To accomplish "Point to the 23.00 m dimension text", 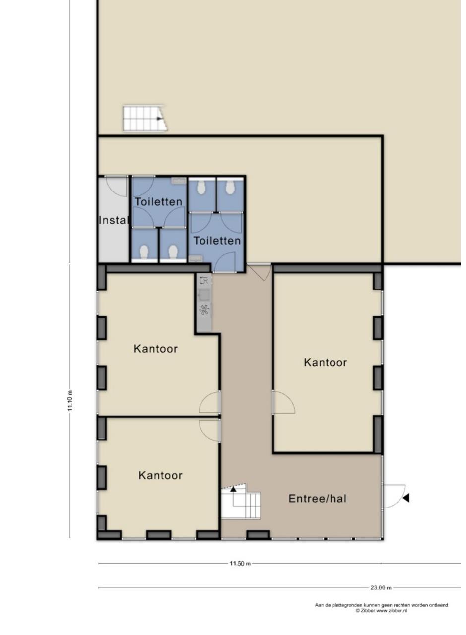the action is (381, 588).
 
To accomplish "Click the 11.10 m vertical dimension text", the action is (70, 400).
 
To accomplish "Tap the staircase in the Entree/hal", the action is (241, 501).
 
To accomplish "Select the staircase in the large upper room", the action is (145, 118).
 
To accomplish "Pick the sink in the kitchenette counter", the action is (204, 295).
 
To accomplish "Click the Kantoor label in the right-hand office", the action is (326, 362).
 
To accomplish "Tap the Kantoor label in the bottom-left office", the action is (160, 475).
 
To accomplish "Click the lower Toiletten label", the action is (217, 241).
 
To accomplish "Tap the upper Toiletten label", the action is (158, 201).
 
